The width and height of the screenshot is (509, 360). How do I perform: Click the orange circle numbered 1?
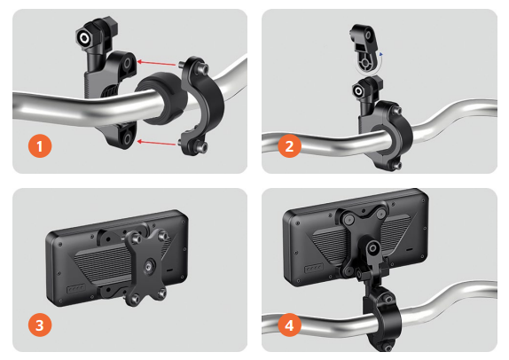(40, 146)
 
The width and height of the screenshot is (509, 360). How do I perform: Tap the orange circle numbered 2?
(289, 146)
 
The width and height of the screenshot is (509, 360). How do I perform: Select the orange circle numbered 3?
(40, 325)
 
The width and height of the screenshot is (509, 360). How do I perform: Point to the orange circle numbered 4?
(289, 325)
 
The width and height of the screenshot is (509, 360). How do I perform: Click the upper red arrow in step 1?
(156, 63)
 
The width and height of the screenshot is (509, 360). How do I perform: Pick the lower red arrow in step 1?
(156, 142)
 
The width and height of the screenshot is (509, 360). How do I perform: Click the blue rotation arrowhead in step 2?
(381, 54)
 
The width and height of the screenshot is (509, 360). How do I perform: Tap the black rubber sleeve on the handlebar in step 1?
(161, 98)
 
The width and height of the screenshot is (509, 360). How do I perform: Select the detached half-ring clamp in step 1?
(200, 106)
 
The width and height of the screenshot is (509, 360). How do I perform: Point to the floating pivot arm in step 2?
(364, 50)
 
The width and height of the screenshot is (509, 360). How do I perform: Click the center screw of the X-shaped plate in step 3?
(149, 266)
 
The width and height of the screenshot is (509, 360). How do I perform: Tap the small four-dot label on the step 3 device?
(76, 288)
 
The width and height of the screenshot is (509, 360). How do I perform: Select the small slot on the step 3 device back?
(169, 270)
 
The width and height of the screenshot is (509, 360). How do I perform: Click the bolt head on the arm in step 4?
(372, 249)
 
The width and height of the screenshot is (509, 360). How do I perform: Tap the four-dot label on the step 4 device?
(314, 268)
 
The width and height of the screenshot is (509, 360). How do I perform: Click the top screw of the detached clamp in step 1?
(204, 68)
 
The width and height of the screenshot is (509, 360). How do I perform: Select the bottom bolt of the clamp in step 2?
(395, 166)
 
